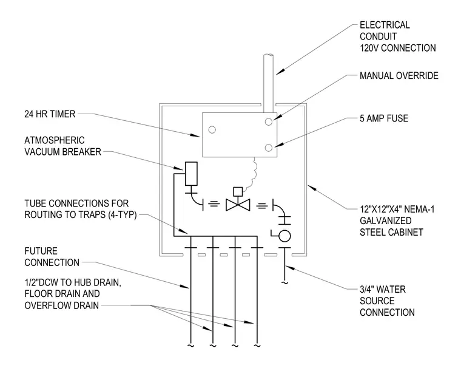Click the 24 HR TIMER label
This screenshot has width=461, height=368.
(50, 114)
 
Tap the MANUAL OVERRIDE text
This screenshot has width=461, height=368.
(399, 76)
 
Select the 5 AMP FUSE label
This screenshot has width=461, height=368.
(384, 118)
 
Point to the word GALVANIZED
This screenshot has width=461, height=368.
(385, 220)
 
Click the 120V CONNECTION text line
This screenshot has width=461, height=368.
(398, 48)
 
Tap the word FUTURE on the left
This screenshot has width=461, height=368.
(41, 251)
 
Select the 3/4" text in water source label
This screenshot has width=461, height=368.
(368, 289)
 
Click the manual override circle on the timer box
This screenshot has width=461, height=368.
(269, 121)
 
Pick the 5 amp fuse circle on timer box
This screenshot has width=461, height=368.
(269, 148)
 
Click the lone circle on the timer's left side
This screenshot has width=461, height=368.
(212, 129)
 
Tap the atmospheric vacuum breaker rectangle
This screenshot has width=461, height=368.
(191, 174)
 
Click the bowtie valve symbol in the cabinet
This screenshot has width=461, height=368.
(238, 205)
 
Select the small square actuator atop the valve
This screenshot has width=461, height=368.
(238, 192)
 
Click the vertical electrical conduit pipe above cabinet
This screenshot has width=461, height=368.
(269, 83)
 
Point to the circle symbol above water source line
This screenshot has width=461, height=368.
(284, 236)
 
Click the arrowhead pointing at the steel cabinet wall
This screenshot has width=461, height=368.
(311, 188)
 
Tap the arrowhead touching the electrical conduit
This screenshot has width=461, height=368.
(280, 71)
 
